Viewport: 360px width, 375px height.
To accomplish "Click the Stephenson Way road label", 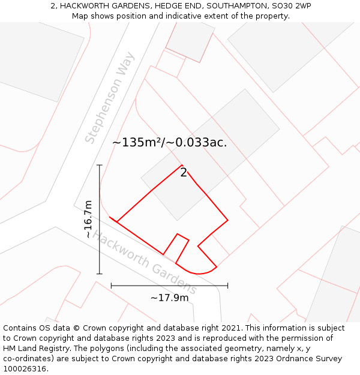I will (x=110, y=98).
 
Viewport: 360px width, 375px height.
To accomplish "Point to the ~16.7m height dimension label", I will (x=89, y=219).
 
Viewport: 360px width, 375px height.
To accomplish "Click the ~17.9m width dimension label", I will (x=169, y=298).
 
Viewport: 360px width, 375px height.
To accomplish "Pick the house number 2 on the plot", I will (x=184, y=173).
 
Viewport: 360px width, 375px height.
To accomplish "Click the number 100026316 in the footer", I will (x=25, y=369).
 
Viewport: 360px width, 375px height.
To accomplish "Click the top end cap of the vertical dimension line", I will (x=100, y=165).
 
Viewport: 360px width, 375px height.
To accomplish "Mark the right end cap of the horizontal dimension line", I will (x=227, y=286).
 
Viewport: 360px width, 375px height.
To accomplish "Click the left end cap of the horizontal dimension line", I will (x=112, y=286).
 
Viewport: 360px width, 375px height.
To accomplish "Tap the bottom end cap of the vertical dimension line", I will (x=100, y=274).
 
